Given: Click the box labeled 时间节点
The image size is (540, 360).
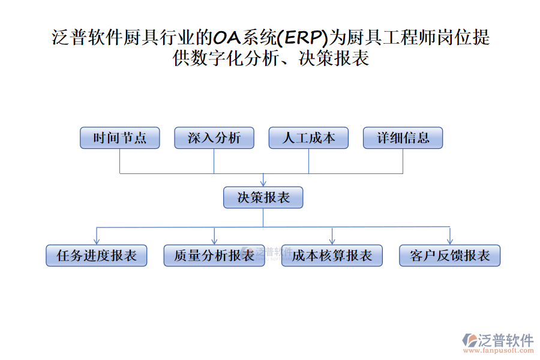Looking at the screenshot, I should [120, 138].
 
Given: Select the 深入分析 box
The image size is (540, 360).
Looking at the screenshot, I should [214, 138].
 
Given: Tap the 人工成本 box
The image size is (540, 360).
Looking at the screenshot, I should [308, 138].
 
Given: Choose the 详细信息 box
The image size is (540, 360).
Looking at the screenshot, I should [403, 138].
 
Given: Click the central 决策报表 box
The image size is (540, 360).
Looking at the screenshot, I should [263, 197].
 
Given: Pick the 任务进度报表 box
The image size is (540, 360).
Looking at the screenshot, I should [97, 256].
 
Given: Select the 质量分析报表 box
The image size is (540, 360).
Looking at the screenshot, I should [214, 256].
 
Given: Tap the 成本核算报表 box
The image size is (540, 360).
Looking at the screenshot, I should [332, 256].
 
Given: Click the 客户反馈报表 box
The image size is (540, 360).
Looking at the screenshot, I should [449, 256].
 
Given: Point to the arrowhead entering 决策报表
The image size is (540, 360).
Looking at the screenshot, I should [263, 183].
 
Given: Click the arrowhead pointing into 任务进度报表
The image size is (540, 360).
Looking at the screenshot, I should [97, 241].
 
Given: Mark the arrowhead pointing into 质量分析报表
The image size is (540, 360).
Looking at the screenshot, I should [214, 241].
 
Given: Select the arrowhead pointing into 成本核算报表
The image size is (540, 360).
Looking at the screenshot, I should [332, 241].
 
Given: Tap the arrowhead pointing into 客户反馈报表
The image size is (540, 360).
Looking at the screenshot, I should [449, 241].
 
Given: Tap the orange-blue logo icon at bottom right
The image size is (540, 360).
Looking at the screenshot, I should [469, 341].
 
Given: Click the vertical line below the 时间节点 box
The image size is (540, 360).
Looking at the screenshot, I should [120, 161].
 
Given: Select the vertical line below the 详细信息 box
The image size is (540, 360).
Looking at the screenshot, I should [403, 161].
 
